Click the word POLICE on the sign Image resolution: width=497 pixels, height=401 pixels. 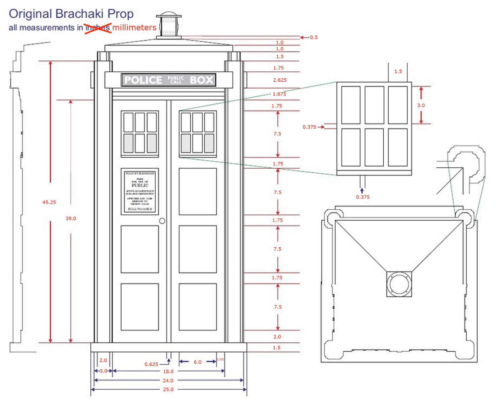[143, 80]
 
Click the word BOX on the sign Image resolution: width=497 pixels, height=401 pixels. [202, 80]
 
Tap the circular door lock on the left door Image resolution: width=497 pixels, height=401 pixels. [162, 221]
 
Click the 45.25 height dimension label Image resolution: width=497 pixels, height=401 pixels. [49, 202]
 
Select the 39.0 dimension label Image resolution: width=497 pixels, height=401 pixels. [71, 218]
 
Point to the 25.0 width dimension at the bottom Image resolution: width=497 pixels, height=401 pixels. [168, 389]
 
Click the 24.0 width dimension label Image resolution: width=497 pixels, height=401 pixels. [168, 380]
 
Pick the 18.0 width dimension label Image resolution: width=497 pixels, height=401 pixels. [168, 371]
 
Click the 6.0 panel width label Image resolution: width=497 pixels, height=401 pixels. [198, 362]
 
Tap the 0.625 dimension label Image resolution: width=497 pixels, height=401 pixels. [151, 364]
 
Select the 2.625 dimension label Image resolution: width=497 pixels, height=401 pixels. [280, 80]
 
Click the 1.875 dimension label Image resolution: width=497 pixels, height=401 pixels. [279, 94]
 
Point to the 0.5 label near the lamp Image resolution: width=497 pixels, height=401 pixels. [314, 37]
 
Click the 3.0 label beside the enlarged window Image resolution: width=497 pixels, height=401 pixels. [421, 105]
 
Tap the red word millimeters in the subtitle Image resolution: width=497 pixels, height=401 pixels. [134, 28]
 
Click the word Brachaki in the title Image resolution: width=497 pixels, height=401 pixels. [80, 14]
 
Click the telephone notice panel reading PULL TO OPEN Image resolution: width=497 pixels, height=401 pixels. [140, 191]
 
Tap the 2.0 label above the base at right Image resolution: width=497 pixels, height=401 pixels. [277, 336]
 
